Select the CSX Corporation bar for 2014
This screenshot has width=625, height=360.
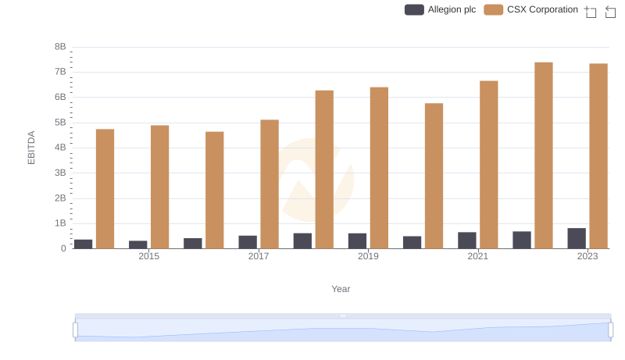click(x=105, y=189)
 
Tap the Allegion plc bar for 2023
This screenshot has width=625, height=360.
click(x=577, y=238)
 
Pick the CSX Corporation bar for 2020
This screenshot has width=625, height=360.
click(x=434, y=176)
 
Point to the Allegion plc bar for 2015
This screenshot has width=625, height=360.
click(x=138, y=244)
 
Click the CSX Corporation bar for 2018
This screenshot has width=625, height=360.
click(x=324, y=169)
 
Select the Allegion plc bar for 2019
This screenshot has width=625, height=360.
click(x=358, y=241)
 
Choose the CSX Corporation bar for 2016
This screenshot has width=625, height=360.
click(x=215, y=190)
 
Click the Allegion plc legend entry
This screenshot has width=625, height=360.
click(x=440, y=9)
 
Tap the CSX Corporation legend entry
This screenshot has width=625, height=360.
click(x=531, y=9)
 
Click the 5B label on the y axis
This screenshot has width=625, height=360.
click(x=60, y=123)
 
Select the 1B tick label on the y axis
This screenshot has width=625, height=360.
click(x=60, y=223)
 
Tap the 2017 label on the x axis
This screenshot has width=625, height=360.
click(x=259, y=256)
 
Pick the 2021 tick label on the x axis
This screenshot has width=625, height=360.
click(x=478, y=256)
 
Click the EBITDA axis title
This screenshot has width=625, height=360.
click(x=32, y=147)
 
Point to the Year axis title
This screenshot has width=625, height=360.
click(x=341, y=289)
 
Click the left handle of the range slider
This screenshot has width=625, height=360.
click(x=76, y=330)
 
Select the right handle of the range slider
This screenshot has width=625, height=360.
click(x=611, y=330)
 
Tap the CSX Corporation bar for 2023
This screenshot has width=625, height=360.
click(x=598, y=156)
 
